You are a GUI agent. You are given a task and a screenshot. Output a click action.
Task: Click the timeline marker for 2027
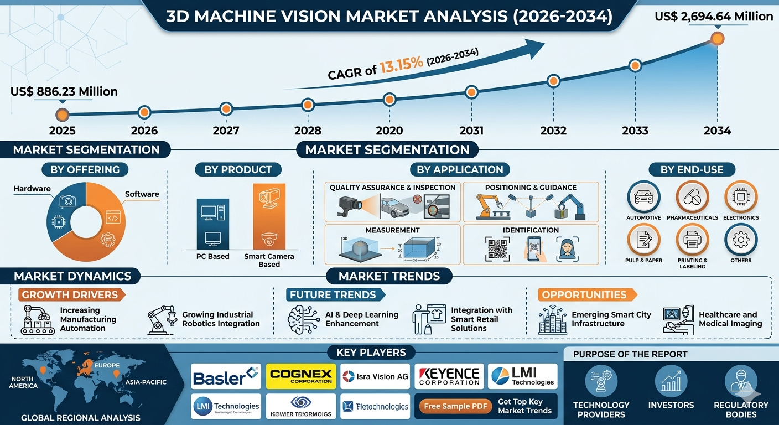click(x=225, y=108)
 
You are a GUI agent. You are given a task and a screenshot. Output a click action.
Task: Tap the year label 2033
click(x=635, y=131)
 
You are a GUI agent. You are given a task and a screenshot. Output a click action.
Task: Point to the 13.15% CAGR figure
click(x=401, y=63)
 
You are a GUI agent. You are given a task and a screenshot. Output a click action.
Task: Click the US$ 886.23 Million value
click(x=64, y=91)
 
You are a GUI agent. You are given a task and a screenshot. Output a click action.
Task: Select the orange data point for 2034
click(x=717, y=38)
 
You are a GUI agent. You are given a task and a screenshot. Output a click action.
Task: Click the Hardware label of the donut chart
click(x=32, y=189)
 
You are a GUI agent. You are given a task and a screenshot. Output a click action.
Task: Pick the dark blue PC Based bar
click(x=213, y=224)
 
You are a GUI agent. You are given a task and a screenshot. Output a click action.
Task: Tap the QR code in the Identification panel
click(x=497, y=248)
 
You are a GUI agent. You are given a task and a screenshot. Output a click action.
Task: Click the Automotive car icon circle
click(x=643, y=197)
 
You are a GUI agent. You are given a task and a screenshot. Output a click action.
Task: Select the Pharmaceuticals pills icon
click(x=692, y=197)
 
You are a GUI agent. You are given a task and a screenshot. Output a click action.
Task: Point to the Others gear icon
click(x=740, y=240)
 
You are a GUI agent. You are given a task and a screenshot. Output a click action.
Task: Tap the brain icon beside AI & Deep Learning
click(x=303, y=320)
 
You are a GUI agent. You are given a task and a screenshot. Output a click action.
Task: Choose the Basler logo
click(x=226, y=377)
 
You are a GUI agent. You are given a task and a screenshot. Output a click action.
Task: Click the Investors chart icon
click(x=671, y=381)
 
